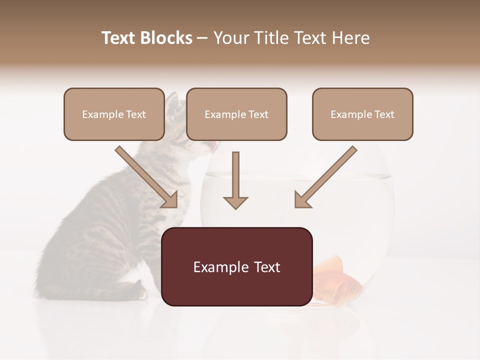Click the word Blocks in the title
[x=165, y=38]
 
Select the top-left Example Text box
[x=114, y=114]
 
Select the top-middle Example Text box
[x=236, y=114]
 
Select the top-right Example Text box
[x=362, y=114]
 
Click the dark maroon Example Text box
[x=237, y=267]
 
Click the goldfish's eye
[x=353, y=288]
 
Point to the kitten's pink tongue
[x=214, y=145]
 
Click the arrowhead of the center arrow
[x=235, y=202]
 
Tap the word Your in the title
[x=231, y=38]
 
